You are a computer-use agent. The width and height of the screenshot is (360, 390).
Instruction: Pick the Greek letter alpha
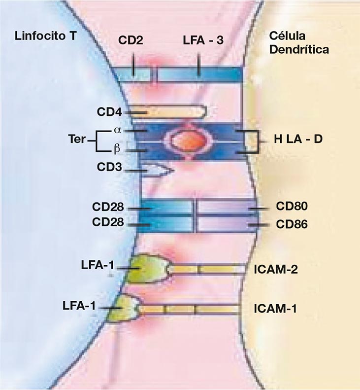117,131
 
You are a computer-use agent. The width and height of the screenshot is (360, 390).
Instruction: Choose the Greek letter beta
117,148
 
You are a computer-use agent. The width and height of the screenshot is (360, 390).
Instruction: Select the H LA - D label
297,140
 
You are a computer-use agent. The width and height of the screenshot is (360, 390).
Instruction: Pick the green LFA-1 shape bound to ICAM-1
127,308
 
